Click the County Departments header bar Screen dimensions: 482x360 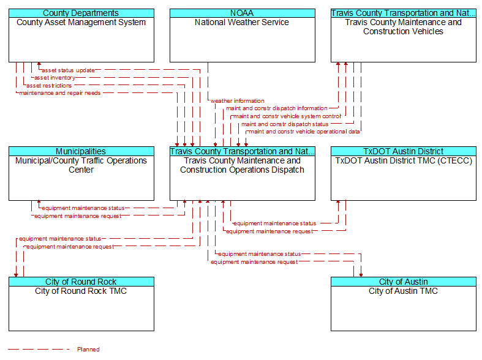pos(81,13)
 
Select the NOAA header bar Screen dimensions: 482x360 pos(243,13)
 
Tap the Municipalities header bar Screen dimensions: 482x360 pos(81,151)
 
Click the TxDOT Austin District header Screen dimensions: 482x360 pos(404,151)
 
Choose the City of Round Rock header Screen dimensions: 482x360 pos(81,282)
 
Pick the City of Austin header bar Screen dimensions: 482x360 pos(404,282)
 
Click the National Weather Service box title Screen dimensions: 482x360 pos(242,23)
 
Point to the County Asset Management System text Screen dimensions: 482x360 pos(81,23)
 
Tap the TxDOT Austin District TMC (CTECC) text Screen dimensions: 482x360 pos(404,161)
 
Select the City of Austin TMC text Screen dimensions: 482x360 pos(404,291)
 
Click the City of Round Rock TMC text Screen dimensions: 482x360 pos(81,291)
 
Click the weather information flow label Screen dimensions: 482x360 pos(237,101)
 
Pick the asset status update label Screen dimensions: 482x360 pos(68,70)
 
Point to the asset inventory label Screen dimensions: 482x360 pos(55,78)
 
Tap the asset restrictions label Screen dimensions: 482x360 pos(49,85)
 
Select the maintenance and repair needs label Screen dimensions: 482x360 pos(59,93)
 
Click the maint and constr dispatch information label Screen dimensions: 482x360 pos(277,108)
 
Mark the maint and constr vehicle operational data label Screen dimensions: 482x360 pos(304,132)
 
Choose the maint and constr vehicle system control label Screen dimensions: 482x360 pos(287,116)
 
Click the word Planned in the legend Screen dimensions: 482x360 pos(89,349)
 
